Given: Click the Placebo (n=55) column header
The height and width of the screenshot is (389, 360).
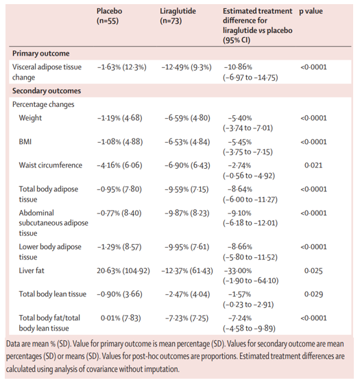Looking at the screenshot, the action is click(109, 16).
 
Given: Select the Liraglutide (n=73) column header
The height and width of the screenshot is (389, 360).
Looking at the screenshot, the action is click(178, 16).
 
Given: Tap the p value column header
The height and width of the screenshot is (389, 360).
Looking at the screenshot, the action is click(311, 12).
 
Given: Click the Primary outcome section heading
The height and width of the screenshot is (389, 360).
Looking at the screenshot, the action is click(41, 54).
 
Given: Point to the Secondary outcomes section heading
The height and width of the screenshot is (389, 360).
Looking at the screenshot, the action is click(47, 91).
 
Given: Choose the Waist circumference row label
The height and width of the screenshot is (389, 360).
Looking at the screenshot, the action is click(51, 165).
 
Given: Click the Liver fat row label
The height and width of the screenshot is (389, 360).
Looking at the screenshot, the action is click(32, 270).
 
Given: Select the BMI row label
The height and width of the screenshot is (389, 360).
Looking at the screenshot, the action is click(25, 142).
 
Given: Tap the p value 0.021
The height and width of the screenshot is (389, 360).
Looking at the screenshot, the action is click(313, 165).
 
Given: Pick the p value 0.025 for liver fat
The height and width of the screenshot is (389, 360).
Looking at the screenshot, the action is click(313, 271).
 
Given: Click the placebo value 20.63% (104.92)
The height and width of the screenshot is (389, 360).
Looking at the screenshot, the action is click(123, 271).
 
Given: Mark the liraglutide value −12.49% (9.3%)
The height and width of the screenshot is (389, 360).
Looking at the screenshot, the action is click(187, 67).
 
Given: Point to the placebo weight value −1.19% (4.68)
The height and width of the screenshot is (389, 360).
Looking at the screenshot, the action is click(120, 118).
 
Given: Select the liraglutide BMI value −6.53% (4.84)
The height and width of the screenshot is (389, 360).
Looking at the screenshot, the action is click(187, 142).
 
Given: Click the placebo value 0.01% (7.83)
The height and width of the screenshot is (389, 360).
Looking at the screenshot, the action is click(121, 318).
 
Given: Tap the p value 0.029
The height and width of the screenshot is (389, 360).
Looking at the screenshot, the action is click(313, 294).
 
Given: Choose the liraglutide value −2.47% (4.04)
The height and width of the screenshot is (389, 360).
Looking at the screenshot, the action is click(187, 294).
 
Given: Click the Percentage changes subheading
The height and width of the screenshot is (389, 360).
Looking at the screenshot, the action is click(43, 104).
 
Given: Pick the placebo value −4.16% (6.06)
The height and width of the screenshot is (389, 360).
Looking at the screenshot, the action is click(119, 165).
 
